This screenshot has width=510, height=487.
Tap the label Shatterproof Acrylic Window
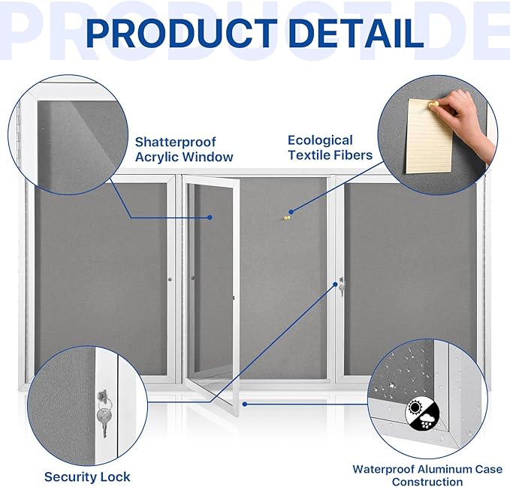pyautogui.click(x=184, y=149)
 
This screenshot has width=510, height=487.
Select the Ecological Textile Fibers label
pyautogui.click(x=330, y=147)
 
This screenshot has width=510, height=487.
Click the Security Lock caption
pyautogui.click(x=87, y=476)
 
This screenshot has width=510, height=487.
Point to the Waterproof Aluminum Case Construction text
pyautogui.click(x=427, y=475)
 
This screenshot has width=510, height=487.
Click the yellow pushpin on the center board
pyautogui.click(x=285, y=218)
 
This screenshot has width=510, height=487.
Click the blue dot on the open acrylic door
pyautogui.click(x=210, y=218)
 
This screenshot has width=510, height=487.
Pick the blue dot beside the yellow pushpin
pyautogui.click(x=294, y=211)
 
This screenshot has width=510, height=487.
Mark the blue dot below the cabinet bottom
pyautogui.click(x=246, y=403)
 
